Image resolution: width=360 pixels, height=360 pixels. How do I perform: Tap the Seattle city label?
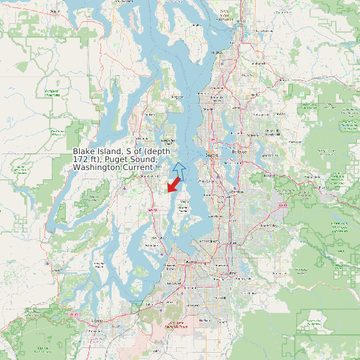pos(212,155)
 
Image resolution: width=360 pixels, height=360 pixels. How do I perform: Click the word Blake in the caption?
pos(84,151)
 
